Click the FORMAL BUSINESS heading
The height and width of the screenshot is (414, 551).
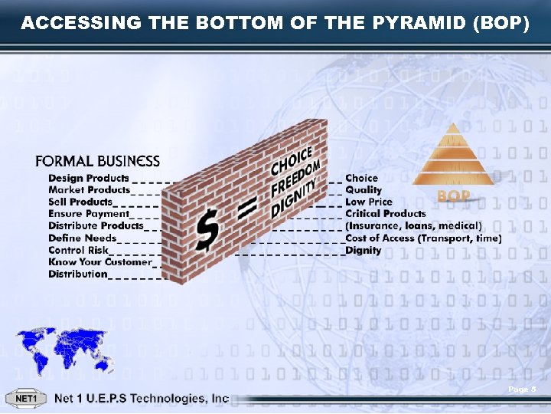click(97, 162)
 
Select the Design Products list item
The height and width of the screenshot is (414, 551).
click(89, 178)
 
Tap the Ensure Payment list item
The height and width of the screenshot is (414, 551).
click(89, 214)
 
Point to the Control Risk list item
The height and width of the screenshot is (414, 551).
click(78, 250)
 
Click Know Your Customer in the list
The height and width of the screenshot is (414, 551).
click(100, 262)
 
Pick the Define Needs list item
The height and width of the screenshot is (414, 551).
click(83, 238)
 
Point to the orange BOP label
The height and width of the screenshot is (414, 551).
click(453, 197)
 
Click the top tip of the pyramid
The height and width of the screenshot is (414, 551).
click(454, 124)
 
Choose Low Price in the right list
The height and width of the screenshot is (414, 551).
click(369, 202)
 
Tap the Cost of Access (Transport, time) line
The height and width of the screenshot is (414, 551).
click(423, 238)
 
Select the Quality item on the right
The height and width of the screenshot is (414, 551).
click(364, 190)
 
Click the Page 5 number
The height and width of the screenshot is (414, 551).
click(523, 391)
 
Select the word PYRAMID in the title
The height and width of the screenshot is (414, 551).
click(417, 24)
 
